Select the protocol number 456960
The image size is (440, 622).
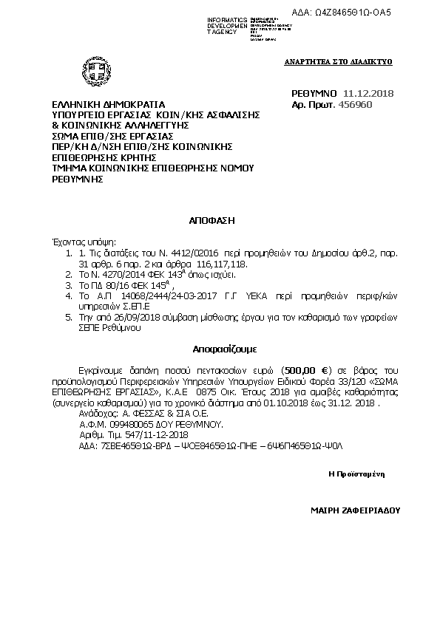[355, 105]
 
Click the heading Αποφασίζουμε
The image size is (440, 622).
[214, 346]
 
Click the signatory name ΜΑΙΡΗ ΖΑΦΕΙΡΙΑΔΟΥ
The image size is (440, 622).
[355, 510]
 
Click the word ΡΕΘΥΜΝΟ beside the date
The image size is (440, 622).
[314, 93]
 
